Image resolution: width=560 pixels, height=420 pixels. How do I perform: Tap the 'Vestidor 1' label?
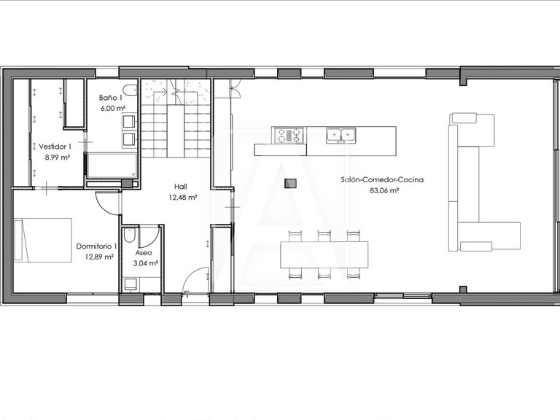point(55,147)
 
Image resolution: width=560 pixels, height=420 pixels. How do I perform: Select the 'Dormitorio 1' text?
point(96,246)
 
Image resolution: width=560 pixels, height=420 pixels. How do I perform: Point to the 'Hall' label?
point(181,186)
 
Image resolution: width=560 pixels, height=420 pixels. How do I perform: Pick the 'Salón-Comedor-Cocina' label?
point(382,179)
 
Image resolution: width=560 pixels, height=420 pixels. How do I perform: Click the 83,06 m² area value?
point(384,190)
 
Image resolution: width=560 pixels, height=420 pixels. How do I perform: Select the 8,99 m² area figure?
point(55,157)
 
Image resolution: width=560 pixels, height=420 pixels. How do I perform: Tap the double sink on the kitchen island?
point(340,135)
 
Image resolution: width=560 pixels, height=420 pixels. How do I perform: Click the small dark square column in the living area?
point(291,183)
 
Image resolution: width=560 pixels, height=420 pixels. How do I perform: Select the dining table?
point(324,254)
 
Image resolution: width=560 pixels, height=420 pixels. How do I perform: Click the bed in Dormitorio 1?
point(45,240)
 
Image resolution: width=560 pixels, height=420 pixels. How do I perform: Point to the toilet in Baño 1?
point(129,91)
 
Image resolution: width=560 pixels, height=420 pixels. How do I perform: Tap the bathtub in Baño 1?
point(112,166)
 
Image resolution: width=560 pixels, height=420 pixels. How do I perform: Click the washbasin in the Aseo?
point(131,284)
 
